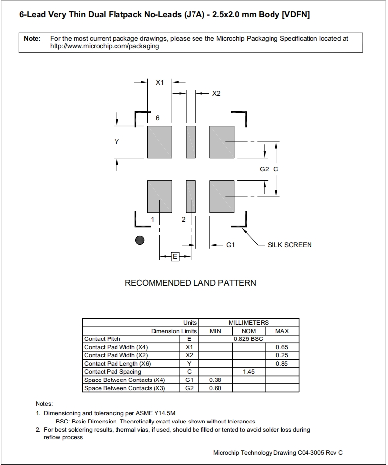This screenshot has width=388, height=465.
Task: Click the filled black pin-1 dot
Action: pyautogui.click(x=140, y=240)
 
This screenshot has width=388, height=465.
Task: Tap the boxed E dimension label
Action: pyautogui.click(x=175, y=256)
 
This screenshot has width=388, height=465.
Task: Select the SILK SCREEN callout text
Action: pyautogui.click(x=289, y=245)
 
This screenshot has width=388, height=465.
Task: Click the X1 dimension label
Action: pyautogui.click(x=160, y=83)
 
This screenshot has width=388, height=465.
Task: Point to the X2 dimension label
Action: pyautogui.click(x=216, y=93)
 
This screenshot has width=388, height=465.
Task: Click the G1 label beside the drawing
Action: pyautogui.click(x=230, y=245)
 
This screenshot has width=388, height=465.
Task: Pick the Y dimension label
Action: pyautogui.click(x=116, y=142)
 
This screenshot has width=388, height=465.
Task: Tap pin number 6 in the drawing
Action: pyautogui.click(x=157, y=118)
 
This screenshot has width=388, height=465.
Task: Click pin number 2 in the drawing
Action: pyautogui.click(x=183, y=219)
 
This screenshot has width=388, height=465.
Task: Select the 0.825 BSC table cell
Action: pyautogui.click(x=249, y=339)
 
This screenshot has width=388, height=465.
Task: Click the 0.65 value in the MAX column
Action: pyautogui.click(x=282, y=347)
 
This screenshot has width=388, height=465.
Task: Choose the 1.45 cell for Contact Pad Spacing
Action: pyautogui.click(x=249, y=372)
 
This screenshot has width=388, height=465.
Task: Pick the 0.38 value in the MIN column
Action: pyautogui.click(x=215, y=380)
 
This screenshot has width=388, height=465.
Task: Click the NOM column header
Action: pyautogui.click(x=249, y=331)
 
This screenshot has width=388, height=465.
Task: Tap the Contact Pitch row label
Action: pyautogui.click(x=102, y=339)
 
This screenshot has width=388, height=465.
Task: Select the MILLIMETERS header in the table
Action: pyautogui.click(x=249, y=322)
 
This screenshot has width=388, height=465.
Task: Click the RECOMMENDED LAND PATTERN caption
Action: pyautogui.click(x=191, y=283)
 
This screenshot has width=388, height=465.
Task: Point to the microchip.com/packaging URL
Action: pyautogui.click(x=105, y=46)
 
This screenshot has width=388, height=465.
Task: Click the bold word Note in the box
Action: pyautogui.click(x=32, y=38)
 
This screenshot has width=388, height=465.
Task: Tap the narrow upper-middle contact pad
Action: pyautogui.click(x=191, y=141)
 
